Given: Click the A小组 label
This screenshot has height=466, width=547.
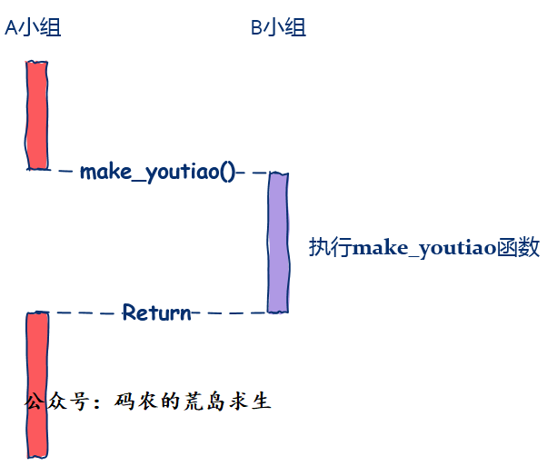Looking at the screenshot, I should coord(33,28).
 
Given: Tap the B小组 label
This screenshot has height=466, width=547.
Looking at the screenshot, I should coord(278,28).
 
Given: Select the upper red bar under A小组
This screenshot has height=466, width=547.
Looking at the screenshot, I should coord(36,114).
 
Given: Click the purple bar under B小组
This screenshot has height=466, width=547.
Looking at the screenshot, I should coord(278,243).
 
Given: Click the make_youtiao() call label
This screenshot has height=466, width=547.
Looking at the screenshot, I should coord(157,172).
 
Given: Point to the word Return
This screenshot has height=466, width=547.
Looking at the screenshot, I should coord(157,313).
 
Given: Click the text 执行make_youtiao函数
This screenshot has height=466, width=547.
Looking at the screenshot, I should coord(424,247).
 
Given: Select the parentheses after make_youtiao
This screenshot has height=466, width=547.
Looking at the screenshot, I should coord(228,172).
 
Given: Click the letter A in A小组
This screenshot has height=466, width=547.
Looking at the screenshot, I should coord(11,28).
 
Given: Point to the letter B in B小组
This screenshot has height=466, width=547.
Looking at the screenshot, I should coord(256,28).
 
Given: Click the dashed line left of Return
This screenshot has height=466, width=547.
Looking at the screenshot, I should coord(84,312).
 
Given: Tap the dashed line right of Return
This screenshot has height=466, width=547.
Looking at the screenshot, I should coord(230,313).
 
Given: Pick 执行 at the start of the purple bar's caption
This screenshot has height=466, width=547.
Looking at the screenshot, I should coord(330,247).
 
